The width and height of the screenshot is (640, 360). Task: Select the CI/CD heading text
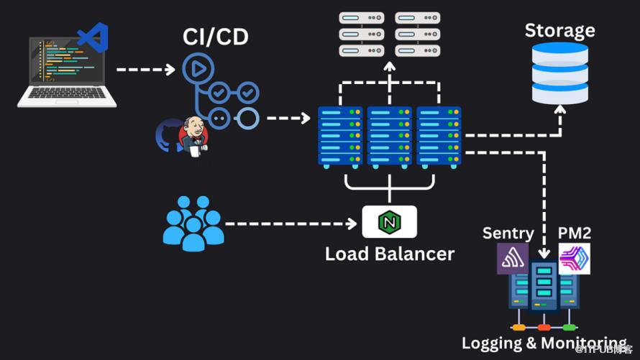[216, 36]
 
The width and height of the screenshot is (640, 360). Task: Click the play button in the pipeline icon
[194, 69]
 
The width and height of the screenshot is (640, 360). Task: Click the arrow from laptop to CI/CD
[145, 70]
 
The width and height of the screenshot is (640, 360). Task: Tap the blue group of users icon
[192, 223]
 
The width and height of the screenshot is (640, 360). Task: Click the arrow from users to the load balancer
[291, 223]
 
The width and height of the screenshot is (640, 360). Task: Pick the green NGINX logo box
[389, 222]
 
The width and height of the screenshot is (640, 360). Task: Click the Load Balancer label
[389, 254]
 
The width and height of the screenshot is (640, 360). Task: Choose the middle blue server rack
[389, 137]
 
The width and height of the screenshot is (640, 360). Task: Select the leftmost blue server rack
[340, 137]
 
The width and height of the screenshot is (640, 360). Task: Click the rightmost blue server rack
[438, 137]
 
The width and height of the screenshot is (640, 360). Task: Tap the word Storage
[559, 30]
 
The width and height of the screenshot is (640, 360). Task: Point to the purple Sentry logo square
[512, 259]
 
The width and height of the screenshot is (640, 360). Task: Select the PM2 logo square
[574, 259]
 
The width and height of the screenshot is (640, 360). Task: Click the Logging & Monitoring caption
[544, 343]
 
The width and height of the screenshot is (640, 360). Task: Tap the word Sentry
[508, 233]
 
